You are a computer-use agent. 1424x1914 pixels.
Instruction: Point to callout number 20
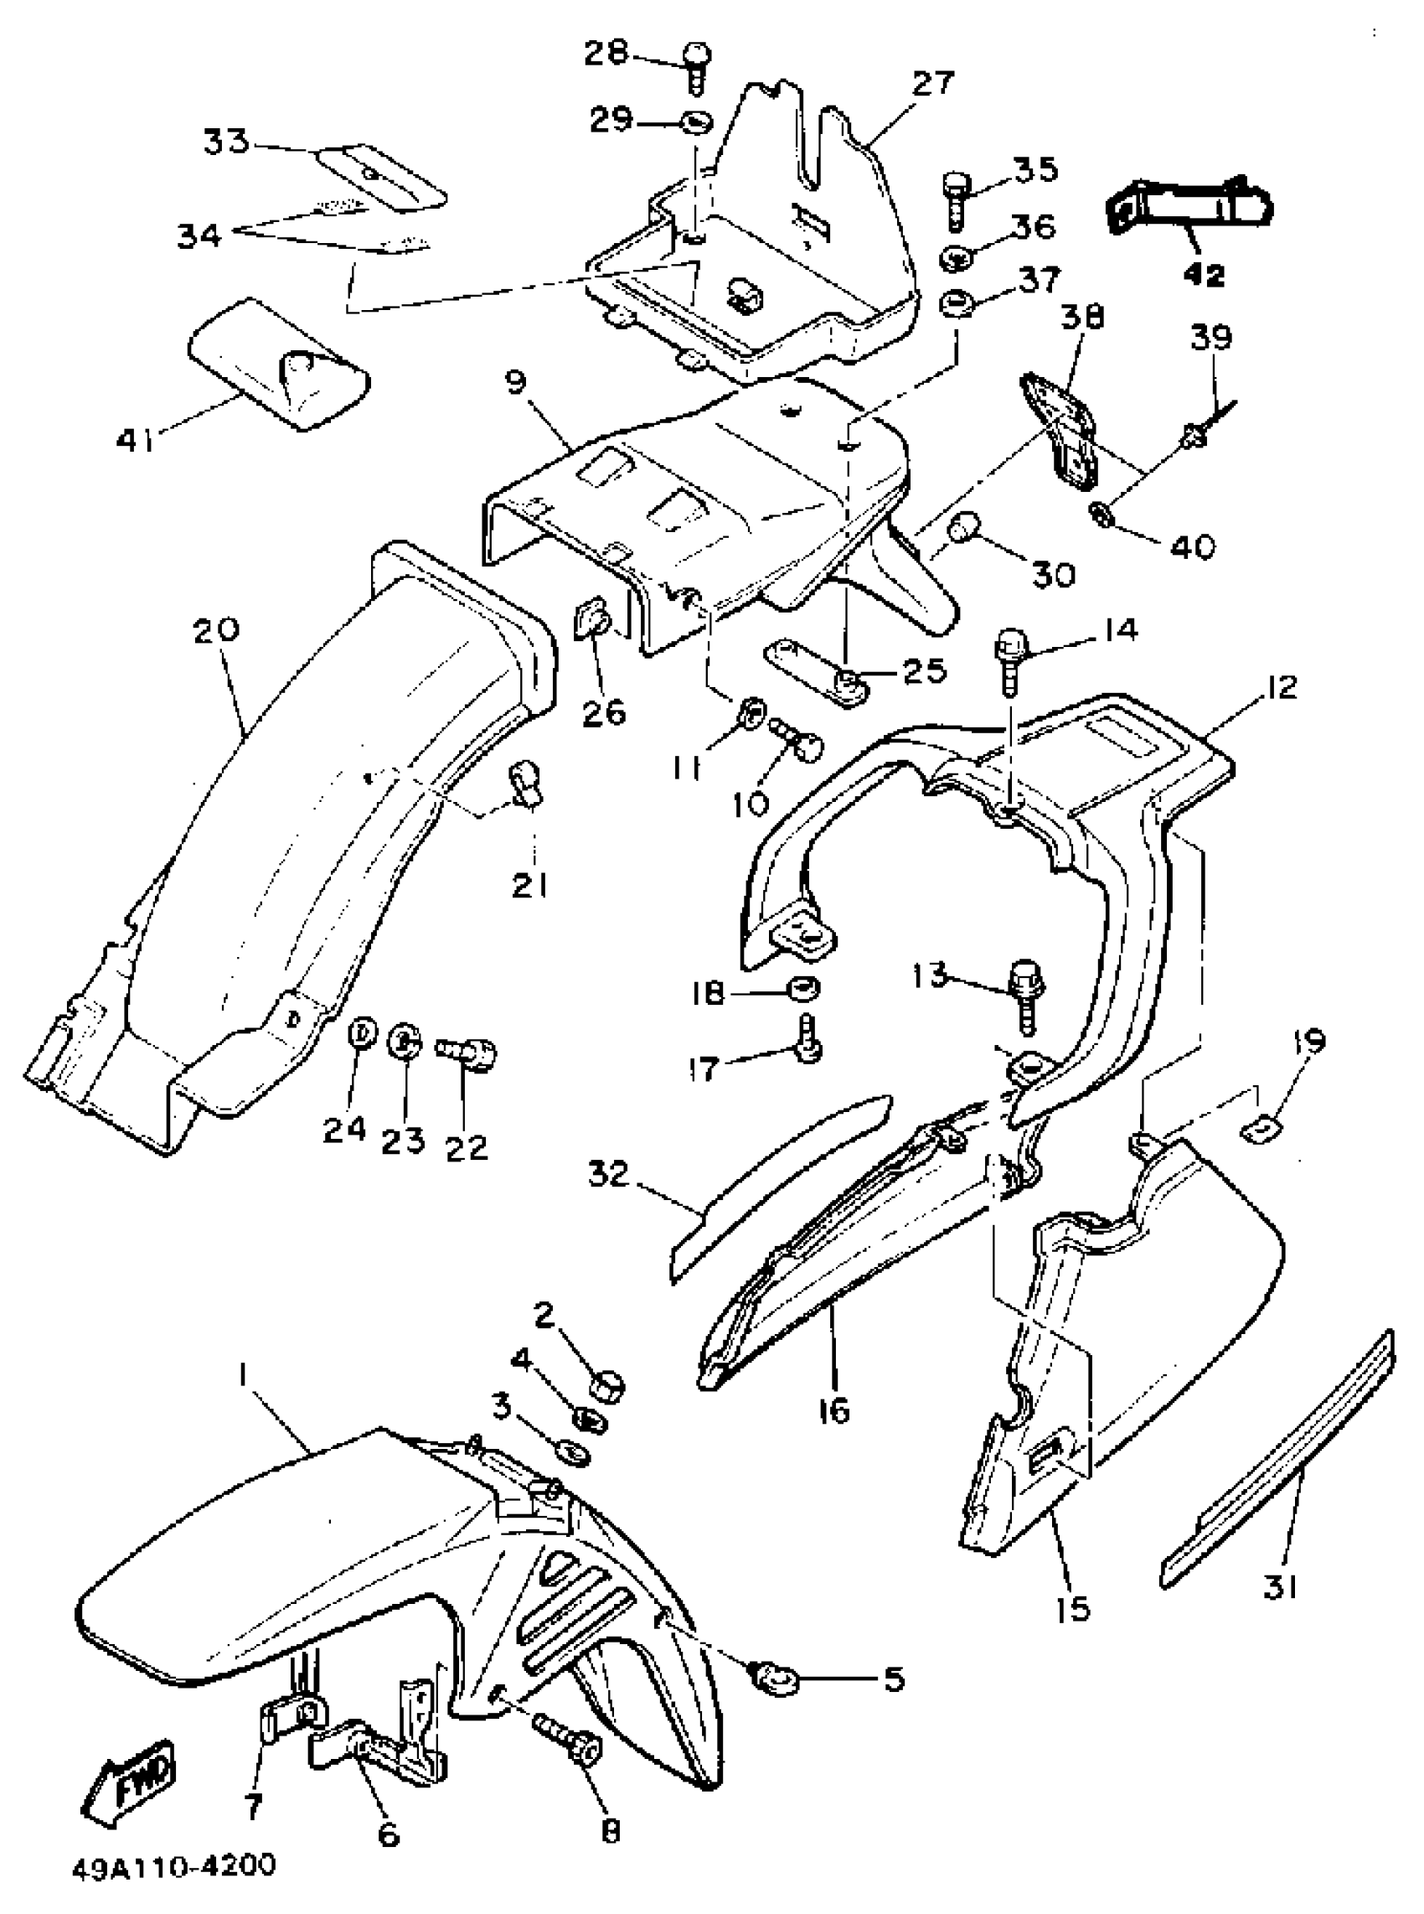[215, 631]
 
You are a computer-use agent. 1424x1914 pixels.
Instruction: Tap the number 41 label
[136, 441]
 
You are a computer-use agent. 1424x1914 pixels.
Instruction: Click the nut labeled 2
[606, 1385]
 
